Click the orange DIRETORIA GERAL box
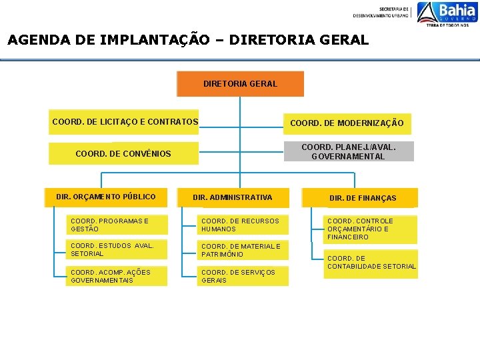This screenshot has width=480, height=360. [x=240, y=84]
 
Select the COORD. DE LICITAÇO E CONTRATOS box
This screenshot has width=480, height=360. [x=125, y=122]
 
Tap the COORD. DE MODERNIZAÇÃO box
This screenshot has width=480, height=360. [x=346, y=123]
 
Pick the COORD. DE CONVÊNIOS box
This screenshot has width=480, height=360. [x=123, y=153]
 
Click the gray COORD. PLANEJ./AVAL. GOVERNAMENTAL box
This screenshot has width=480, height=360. [x=348, y=151]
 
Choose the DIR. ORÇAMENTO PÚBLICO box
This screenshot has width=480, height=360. [x=106, y=197]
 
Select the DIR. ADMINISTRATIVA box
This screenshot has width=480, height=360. [x=232, y=197]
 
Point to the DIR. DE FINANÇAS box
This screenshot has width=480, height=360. [x=362, y=198]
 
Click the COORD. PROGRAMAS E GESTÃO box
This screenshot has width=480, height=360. [x=117, y=225]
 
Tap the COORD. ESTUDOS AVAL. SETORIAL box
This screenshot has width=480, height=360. [x=117, y=250]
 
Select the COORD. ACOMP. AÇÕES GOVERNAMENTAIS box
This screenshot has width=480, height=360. [x=117, y=276]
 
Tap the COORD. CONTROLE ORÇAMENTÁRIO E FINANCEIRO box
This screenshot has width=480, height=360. [x=370, y=229]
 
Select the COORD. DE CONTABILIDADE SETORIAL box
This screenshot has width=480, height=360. [x=371, y=263]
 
